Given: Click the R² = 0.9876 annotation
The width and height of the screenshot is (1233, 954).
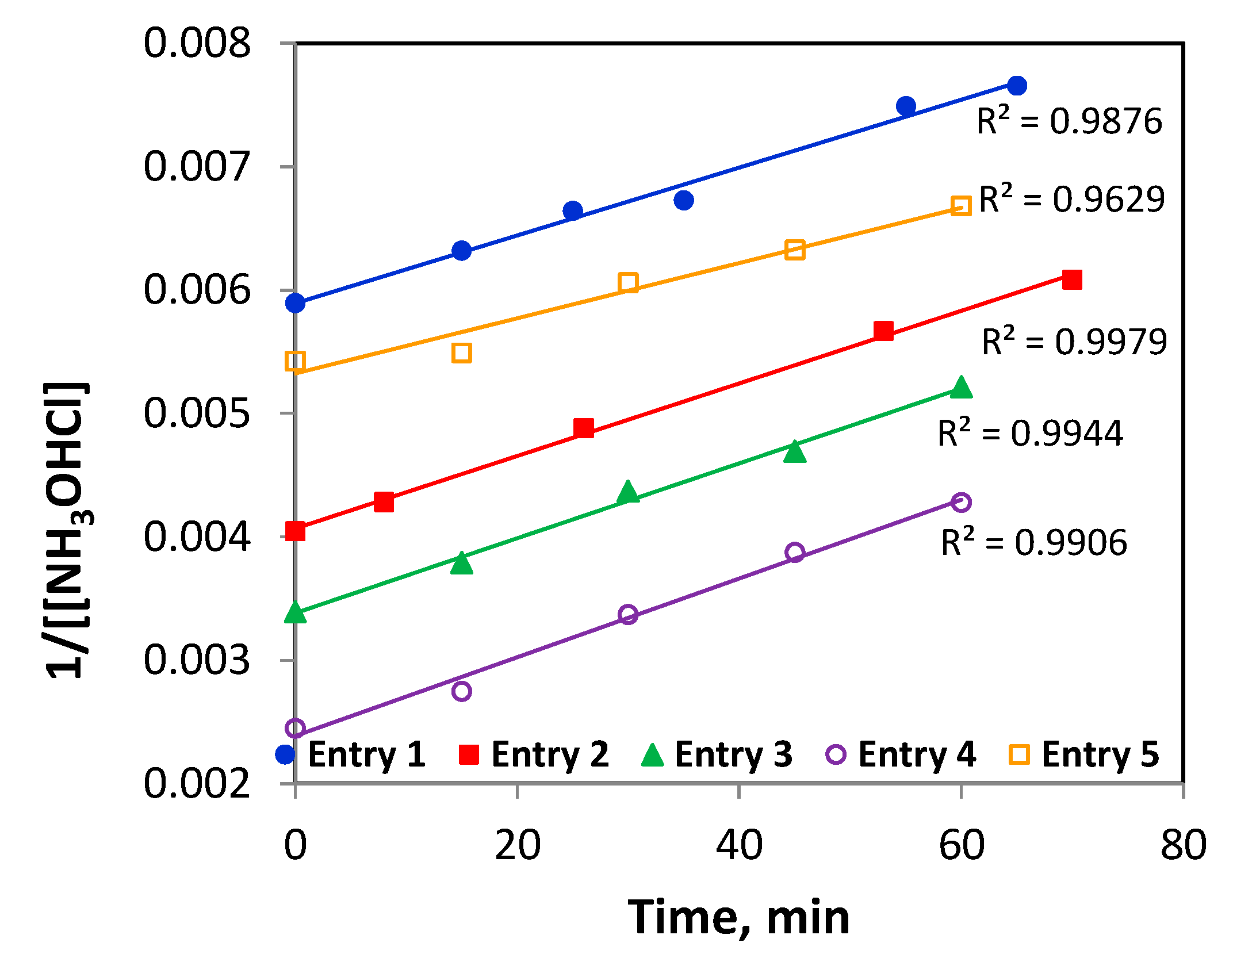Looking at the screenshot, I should (1069, 121).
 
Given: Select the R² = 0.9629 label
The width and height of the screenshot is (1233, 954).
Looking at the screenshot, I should (1071, 200).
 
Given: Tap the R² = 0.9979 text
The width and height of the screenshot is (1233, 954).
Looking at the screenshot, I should (1074, 342).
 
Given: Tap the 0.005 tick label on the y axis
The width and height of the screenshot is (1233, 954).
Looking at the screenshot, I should (197, 413).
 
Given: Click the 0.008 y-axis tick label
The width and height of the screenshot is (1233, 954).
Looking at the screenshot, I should (197, 43).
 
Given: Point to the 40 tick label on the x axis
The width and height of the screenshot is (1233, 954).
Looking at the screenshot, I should (739, 845).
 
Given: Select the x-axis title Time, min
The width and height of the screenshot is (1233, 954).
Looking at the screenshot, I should (738, 918).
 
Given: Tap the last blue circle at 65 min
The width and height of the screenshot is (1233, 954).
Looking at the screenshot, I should (1017, 86).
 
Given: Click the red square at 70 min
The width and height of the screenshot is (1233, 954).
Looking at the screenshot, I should (1072, 279).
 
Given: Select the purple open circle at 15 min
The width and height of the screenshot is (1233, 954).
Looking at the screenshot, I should (462, 691).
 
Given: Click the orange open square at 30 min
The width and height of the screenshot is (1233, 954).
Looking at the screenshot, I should (628, 283).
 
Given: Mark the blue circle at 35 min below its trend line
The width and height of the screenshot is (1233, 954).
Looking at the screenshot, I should (684, 200).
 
